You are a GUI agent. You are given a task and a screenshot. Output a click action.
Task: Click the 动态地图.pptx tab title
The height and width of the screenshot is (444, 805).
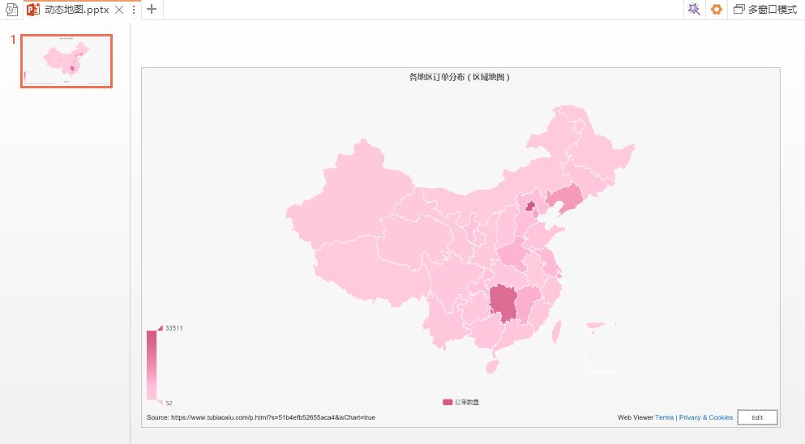click(77, 10)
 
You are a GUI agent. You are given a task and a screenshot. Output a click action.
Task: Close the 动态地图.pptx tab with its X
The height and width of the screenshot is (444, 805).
click(119, 10)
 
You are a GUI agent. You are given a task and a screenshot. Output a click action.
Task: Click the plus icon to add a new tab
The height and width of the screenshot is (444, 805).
click(152, 10)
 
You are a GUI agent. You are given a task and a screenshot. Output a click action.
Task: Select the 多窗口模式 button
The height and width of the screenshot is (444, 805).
click(765, 10)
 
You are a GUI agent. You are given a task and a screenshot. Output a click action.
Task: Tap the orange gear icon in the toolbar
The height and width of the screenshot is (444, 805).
click(716, 10)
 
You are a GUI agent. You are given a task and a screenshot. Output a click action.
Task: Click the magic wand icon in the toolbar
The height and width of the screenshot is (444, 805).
click(694, 10)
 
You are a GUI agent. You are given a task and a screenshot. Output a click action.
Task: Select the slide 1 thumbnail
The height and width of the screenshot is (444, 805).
click(66, 61)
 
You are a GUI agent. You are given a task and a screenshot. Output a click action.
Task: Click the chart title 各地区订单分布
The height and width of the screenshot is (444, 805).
click(460, 77)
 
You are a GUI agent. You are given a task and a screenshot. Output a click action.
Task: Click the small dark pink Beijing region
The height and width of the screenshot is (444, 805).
click(530, 207)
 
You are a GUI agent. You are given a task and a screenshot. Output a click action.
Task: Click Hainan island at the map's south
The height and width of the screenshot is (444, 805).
click(491, 366)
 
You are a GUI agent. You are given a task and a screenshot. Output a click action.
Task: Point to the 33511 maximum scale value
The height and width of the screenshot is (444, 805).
click(173, 328)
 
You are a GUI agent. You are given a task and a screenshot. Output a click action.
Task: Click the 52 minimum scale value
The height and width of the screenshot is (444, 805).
click(169, 403)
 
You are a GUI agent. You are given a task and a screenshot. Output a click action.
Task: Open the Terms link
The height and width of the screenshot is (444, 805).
click(664, 417)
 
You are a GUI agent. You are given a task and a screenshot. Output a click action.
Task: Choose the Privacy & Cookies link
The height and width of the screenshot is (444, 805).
click(706, 417)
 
